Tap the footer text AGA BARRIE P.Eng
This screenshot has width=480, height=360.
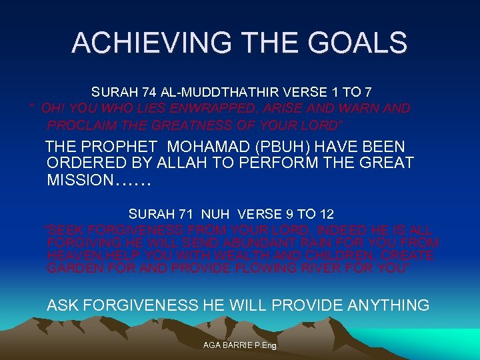pos(240,345)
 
